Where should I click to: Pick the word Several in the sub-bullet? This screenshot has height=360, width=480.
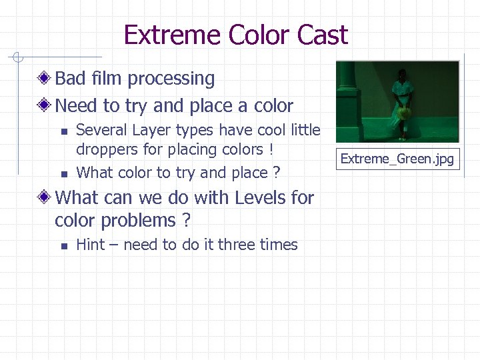pyautogui.click(x=101, y=131)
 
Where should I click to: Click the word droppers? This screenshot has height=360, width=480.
pyautogui.click(x=105, y=149)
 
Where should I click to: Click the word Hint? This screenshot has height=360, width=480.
pyautogui.click(x=91, y=245)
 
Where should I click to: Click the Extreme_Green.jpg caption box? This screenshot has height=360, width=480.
pyautogui.click(x=397, y=159)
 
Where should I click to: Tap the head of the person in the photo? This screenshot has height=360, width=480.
pyautogui.click(x=401, y=74)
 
